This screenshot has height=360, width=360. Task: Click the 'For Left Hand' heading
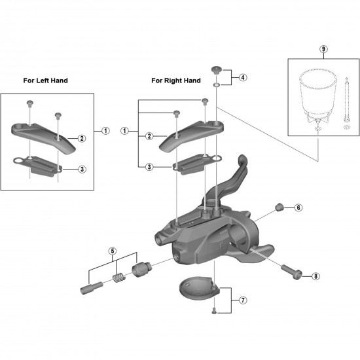pos(45,81)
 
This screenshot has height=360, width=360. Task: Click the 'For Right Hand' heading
pos(176,81)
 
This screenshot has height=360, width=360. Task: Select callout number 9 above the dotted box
pos(323,49)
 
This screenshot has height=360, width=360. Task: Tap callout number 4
pos(243,77)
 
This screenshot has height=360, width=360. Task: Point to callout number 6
pos(298,207)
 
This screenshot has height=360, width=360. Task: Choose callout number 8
pos(315,276)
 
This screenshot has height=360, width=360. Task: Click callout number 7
pos(243,300)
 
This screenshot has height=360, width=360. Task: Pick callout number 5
pos(113,251)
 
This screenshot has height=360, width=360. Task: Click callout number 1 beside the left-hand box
pos(105,131)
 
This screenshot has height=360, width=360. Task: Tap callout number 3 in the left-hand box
pos(82,170)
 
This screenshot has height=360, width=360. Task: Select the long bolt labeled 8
pos(291,272)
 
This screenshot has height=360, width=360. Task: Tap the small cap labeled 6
pos(279,207)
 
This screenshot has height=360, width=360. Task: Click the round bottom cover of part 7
pos(199,288)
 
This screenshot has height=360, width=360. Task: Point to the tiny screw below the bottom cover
pos(214,311)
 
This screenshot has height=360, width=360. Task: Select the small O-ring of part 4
pos(216,85)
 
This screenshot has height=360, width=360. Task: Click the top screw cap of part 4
pos(216,69)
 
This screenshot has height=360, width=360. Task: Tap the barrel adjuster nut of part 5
pos(141,268)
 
